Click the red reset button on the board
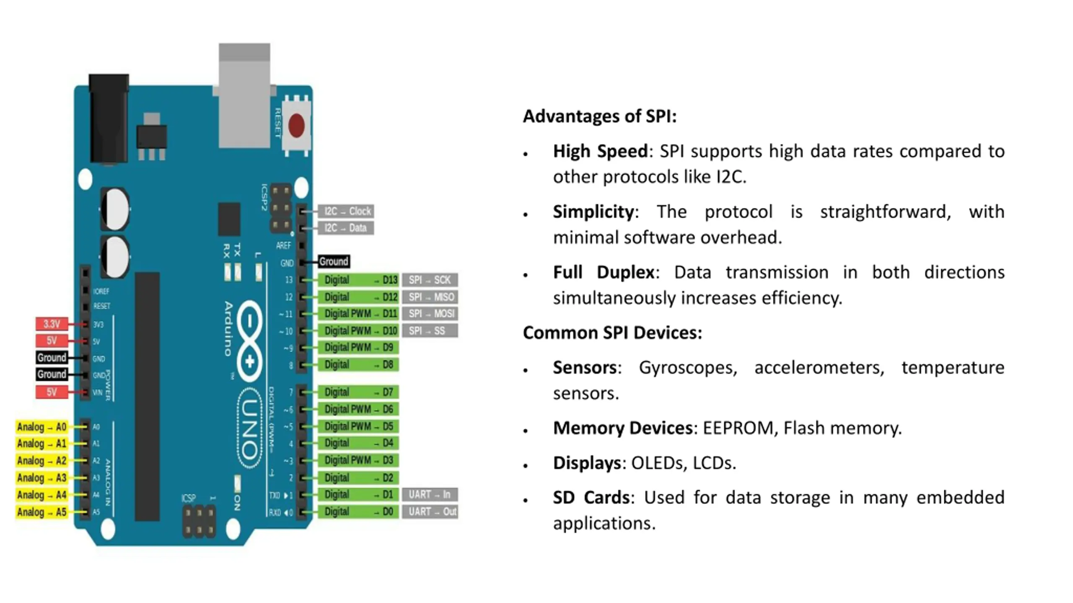click(296, 125)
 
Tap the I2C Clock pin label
click(346, 211)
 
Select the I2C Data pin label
click(346, 228)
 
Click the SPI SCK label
click(430, 280)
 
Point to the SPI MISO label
click(430, 297)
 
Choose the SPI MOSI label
click(430, 314)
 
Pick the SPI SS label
click(430, 331)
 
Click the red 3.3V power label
click(52, 324)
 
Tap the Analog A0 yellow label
click(41, 427)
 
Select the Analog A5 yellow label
click(41, 512)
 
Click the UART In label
click(430, 495)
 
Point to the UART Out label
click(430, 512)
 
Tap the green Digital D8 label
click(358, 365)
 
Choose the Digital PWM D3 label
click(358, 460)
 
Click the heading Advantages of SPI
click(600, 116)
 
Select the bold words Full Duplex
click(604, 273)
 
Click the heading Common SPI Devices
click(612, 333)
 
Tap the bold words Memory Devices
click(622, 428)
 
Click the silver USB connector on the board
click(244, 96)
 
